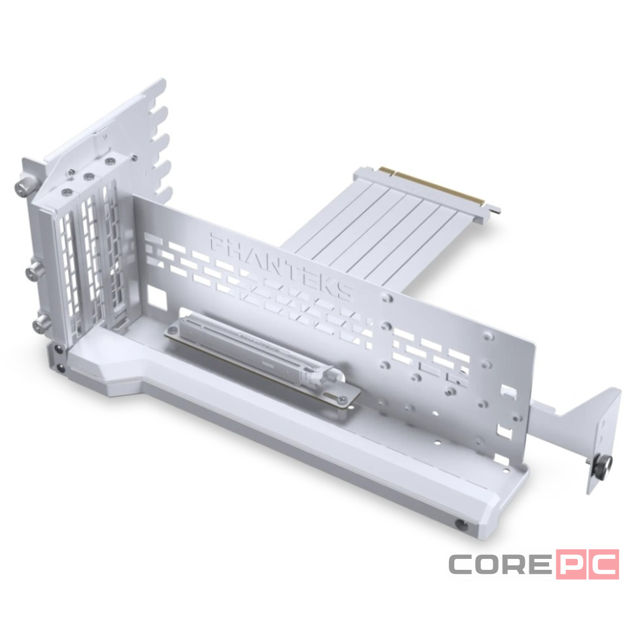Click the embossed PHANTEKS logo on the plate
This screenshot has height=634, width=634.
282,265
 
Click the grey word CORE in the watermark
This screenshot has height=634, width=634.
500,564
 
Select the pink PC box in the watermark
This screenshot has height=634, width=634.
588,563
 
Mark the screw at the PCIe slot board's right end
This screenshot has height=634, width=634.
343,399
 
